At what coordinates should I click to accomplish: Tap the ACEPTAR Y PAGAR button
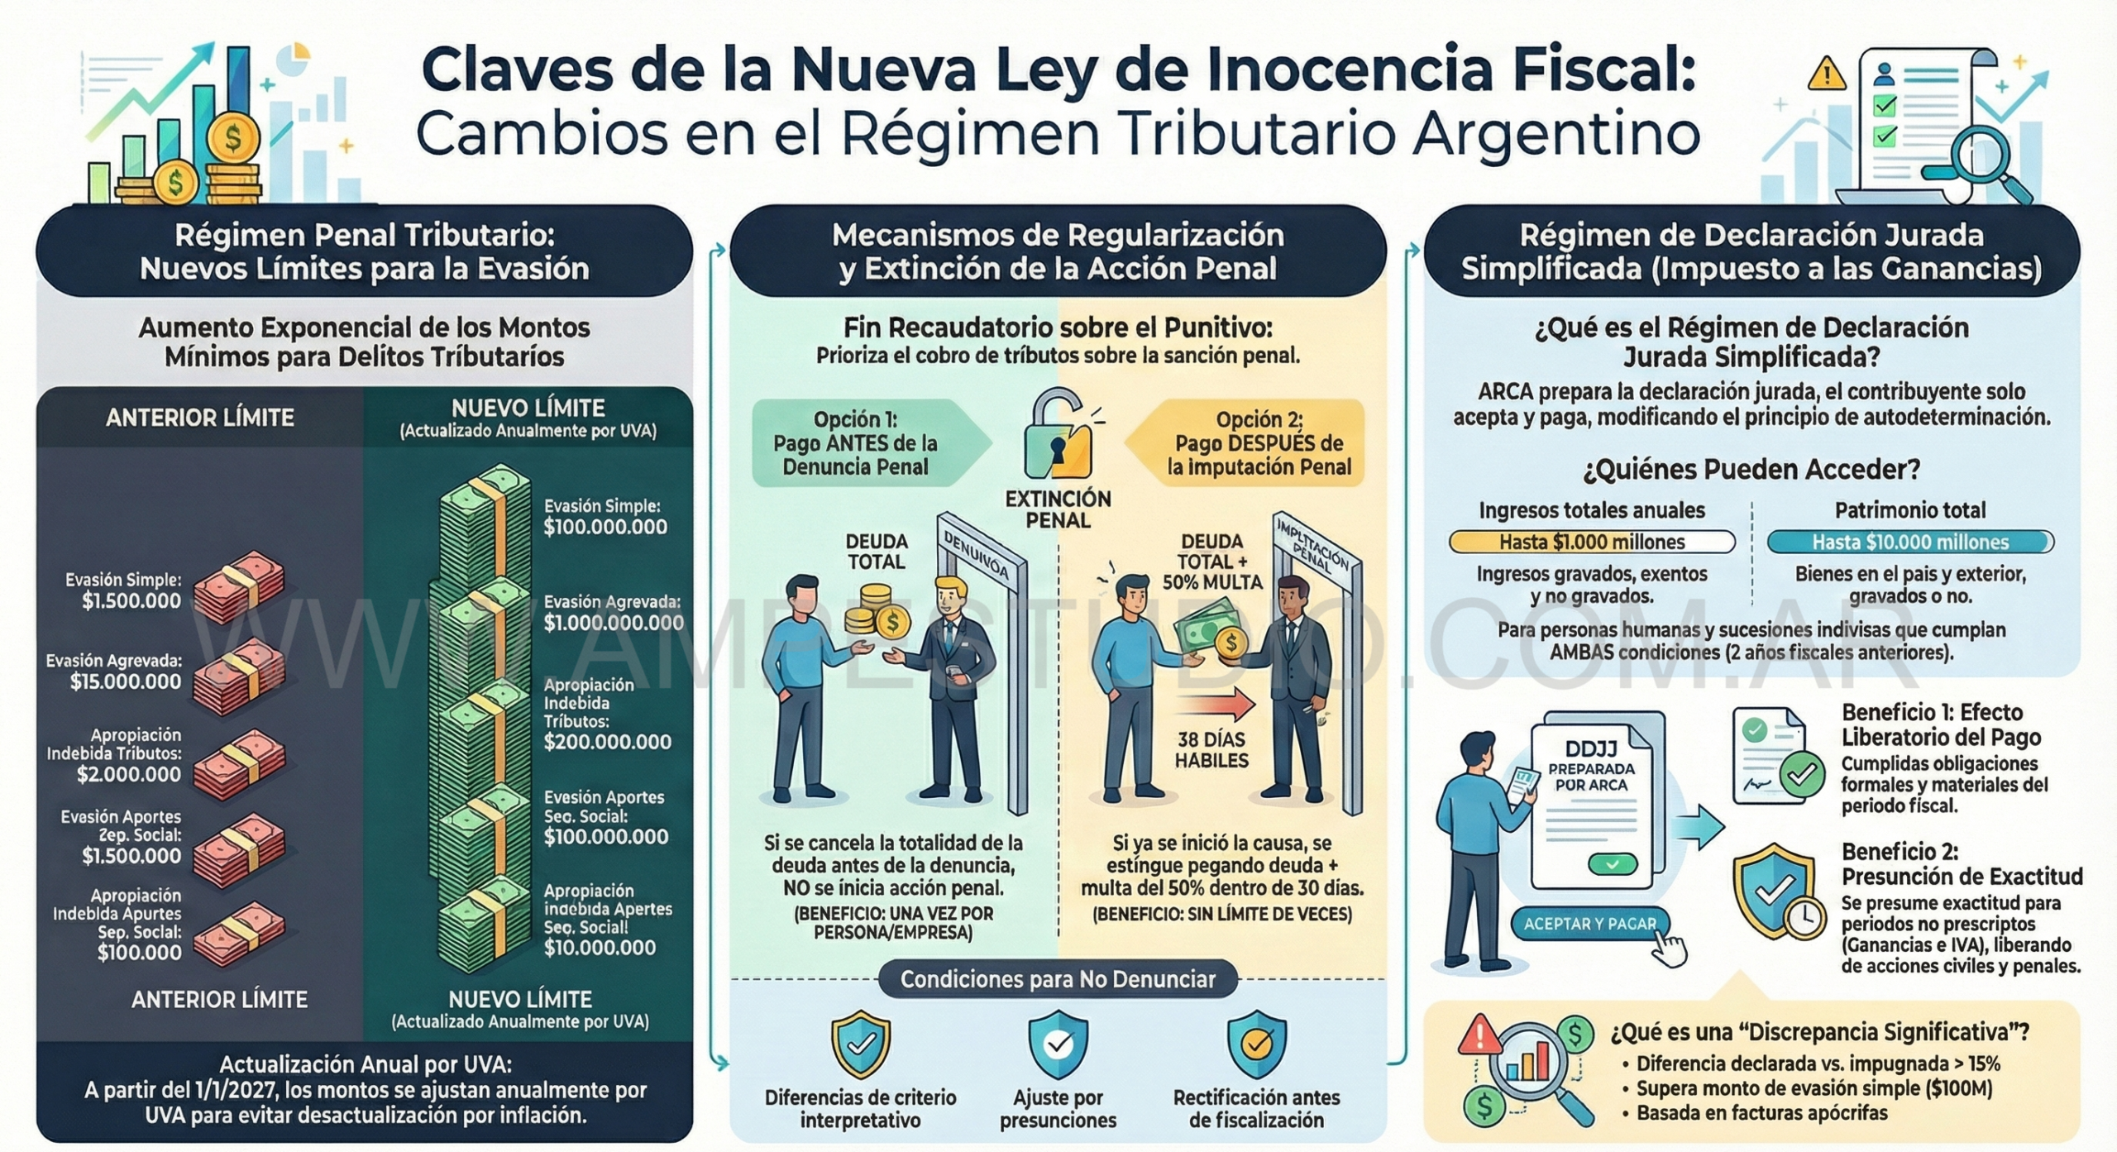pos(1589,924)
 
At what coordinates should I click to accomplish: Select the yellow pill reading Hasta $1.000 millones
pos(1592,543)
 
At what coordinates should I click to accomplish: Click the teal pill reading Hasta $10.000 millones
pos(1910,543)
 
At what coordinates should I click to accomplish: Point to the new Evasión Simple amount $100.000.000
pos(605,528)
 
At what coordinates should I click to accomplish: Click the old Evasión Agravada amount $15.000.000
pos(126,681)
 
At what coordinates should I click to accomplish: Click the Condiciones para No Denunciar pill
pos(1058,980)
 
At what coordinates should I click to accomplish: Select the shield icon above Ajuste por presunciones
pos(1058,1044)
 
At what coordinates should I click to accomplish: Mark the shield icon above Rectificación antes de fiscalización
pos(1256,1044)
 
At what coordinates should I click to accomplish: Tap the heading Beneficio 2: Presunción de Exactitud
pos(1962,864)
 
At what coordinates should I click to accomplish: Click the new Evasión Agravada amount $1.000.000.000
pos(614,623)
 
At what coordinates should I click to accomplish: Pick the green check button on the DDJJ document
pos(1612,865)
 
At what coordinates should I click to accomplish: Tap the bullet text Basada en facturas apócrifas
pos(1761,1113)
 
